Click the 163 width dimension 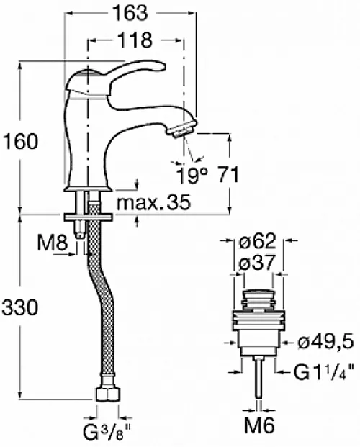[130, 13]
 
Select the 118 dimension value [135, 40]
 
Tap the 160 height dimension [20, 141]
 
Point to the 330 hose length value [20, 307]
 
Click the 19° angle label [192, 175]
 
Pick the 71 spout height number [228, 174]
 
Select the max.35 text [153, 202]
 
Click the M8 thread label [53, 243]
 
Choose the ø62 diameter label [258, 240]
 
